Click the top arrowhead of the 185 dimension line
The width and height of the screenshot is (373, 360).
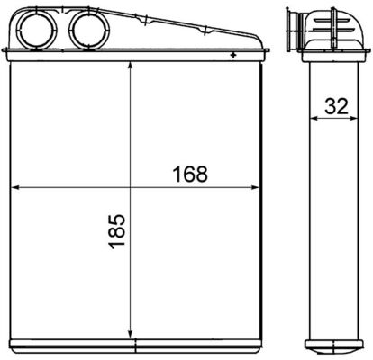132,67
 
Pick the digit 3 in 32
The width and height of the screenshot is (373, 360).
331,105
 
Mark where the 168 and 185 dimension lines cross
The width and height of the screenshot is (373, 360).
132,188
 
